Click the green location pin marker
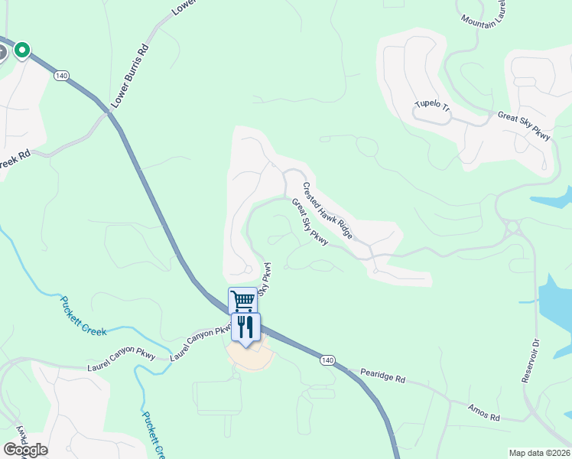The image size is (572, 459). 22,50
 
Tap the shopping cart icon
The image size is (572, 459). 242,299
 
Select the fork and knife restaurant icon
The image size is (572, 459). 245,327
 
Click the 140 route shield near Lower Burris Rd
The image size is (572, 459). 62,76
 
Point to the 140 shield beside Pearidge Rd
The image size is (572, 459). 327,360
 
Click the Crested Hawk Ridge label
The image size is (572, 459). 327,210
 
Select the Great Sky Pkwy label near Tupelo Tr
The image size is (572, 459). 524,125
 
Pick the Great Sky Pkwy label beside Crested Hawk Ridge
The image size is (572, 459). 309,223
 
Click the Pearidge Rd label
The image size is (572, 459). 382,377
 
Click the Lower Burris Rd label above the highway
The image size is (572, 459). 129,76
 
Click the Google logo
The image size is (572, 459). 25,450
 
